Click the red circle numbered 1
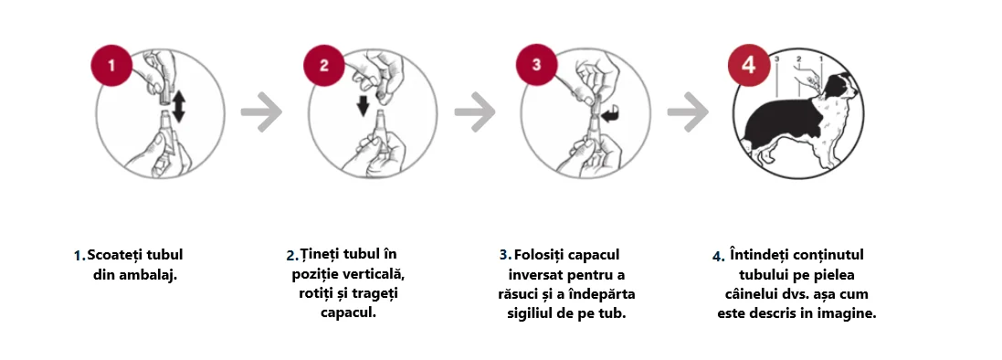tap(111, 67)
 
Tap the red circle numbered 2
tap(324, 67)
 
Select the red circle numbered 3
tap(536, 67)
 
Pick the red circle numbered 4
tap(749, 67)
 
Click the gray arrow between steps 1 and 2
tap(261, 111)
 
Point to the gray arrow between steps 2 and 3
tap(474, 111)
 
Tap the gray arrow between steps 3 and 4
tap(687, 111)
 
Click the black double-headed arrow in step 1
tap(178, 105)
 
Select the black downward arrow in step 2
tap(363, 104)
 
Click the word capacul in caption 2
tap(348, 312)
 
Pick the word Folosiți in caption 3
tap(540, 255)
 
